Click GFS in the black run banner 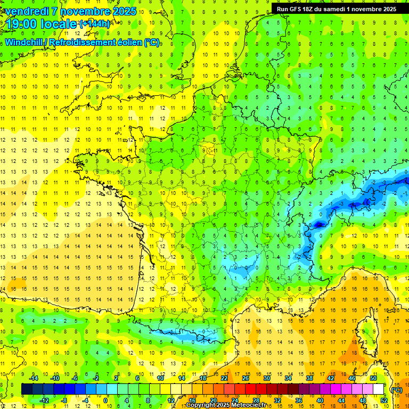(298, 9)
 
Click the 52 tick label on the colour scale (384, 400)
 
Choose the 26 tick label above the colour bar (246, 378)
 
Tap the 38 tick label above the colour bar (309, 378)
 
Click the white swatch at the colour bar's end (379, 389)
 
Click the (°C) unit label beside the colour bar (396, 389)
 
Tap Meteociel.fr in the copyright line (250, 405)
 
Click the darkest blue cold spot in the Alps (318, 225)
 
